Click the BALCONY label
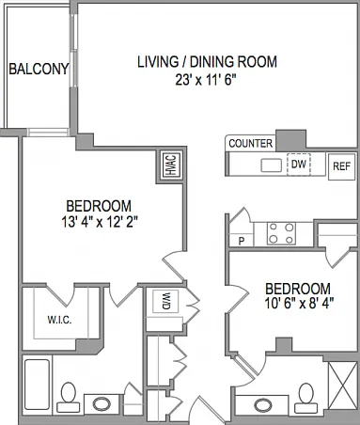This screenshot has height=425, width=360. pyautogui.click(x=39, y=69)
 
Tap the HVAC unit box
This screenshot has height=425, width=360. pyautogui.click(x=171, y=165)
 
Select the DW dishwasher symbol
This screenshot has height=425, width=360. pyautogui.click(x=299, y=164)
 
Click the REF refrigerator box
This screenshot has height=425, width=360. pyautogui.click(x=341, y=166)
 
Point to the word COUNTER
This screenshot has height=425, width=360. pyautogui.click(x=251, y=143)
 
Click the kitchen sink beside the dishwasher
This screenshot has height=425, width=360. pyautogui.click(x=272, y=165)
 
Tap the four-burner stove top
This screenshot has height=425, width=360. pyautogui.click(x=281, y=233)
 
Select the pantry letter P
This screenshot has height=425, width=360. pyautogui.click(x=242, y=241)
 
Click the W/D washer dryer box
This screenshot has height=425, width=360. pyautogui.click(x=165, y=301)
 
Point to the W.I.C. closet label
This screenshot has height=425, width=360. pyautogui.click(x=59, y=320)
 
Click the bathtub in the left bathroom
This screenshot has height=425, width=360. pyautogui.click(x=37, y=385)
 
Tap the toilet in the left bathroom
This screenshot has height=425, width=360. pyautogui.click(x=69, y=397)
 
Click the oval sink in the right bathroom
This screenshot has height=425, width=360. pyautogui.click(x=263, y=405)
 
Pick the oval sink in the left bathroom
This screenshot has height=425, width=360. pyautogui.click(x=102, y=403)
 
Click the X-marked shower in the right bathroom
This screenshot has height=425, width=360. pyautogui.click(x=342, y=386)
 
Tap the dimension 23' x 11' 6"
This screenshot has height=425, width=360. pyautogui.click(x=205, y=80)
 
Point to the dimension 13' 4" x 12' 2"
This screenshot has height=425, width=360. pyautogui.click(x=100, y=223)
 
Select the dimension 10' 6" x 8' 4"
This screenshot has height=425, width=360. pyautogui.click(x=299, y=304)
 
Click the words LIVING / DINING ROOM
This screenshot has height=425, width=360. pyautogui.click(x=208, y=62)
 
